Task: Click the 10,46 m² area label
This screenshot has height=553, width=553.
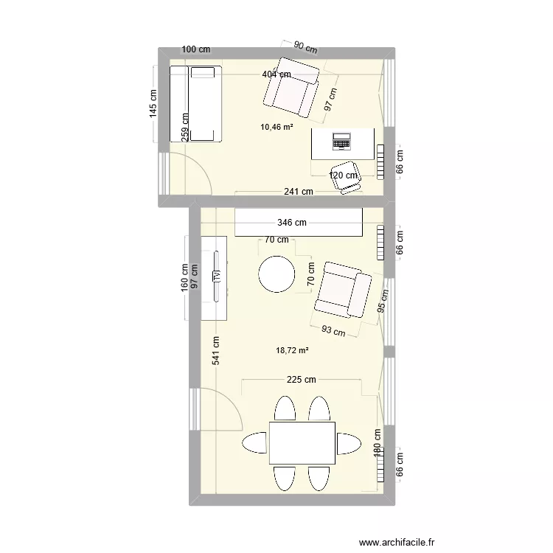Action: tap(276, 127)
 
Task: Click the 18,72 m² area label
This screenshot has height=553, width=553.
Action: tap(293, 350)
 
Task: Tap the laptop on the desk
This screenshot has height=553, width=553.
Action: tap(342, 139)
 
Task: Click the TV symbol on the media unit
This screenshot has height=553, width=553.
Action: tap(217, 276)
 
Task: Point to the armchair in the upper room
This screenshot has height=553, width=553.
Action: tap(292, 87)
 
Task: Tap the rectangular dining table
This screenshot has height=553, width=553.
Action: tap(302, 444)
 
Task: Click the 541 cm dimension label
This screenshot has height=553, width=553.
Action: tap(216, 353)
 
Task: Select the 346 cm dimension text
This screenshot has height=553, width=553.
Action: tap(293, 222)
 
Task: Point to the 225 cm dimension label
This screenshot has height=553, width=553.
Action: tap(301, 380)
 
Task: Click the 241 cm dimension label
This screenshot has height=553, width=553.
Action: tap(297, 192)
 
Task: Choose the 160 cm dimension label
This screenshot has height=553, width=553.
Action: tap(184, 278)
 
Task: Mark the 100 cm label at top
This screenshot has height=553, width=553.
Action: tap(195, 49)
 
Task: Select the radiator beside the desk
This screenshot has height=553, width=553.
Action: tap(380, 161)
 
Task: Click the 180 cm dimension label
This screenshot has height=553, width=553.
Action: tap(377, 445)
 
